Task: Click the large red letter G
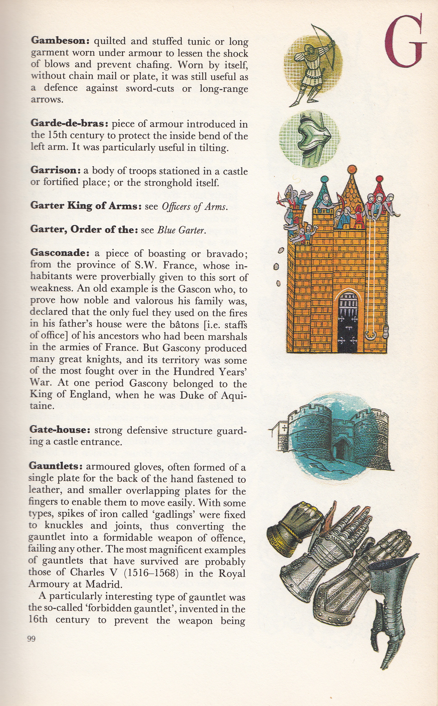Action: [x=405, y=42]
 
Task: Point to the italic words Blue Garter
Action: [x=181, y=230]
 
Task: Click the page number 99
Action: [x=31, y=639]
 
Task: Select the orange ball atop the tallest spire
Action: [x=352, y=169]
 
